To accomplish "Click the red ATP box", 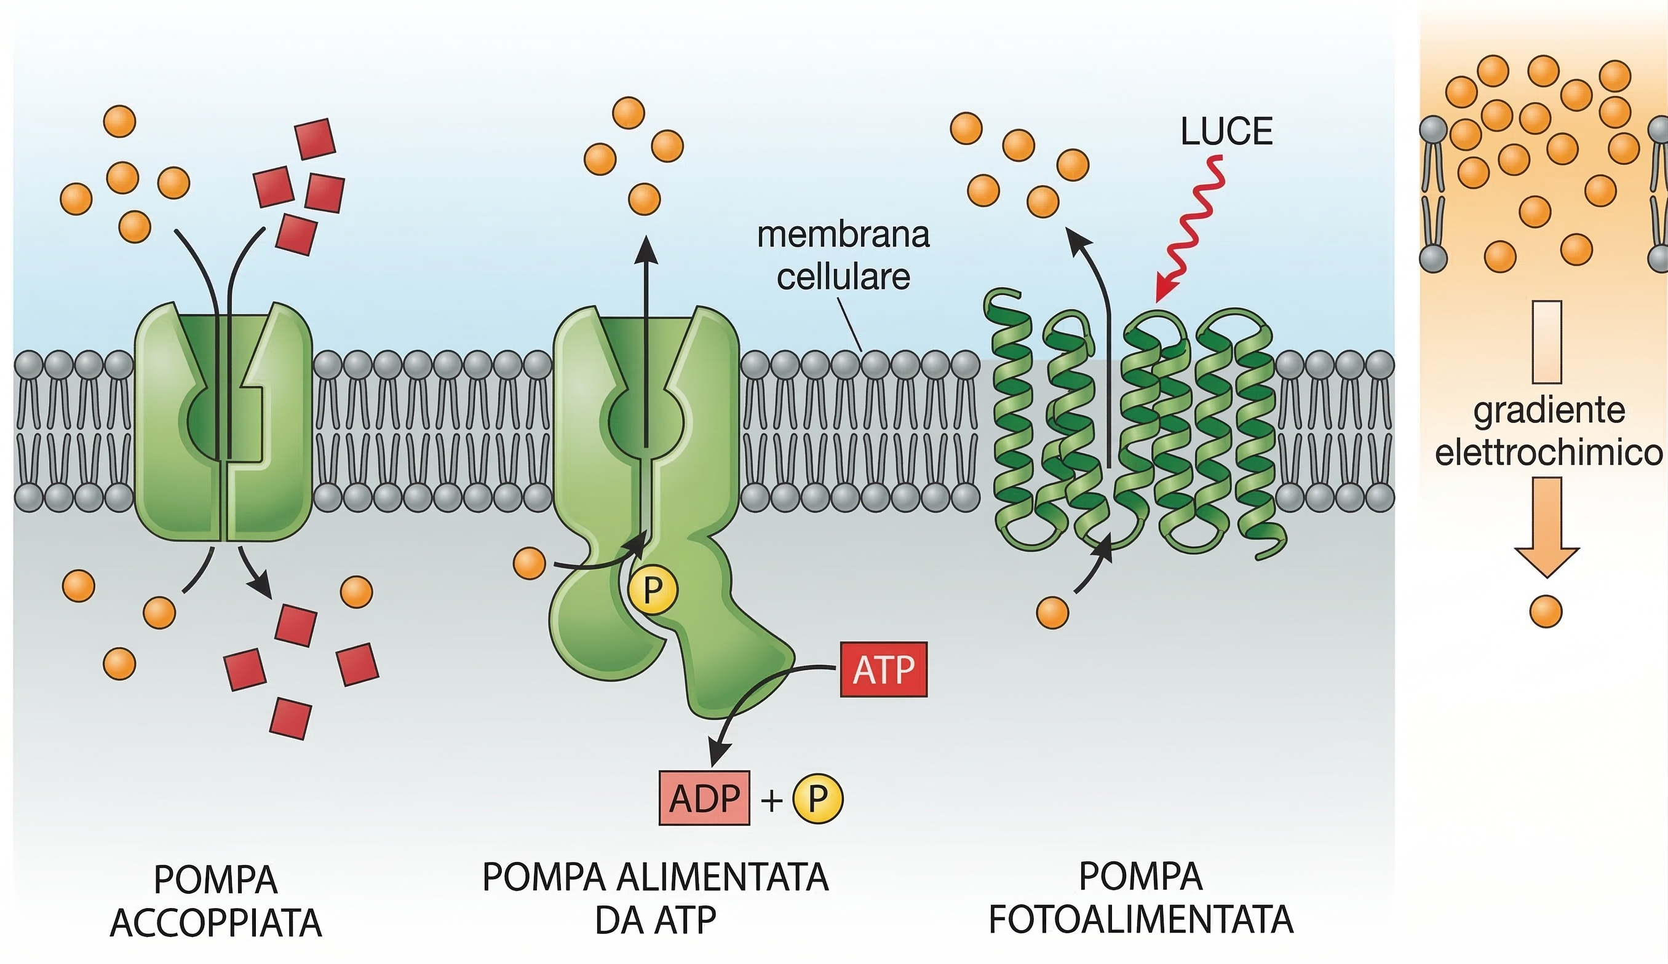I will pyautogui.click(x=883, y=669).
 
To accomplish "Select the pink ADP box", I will pyautogui.click(x=704, y=798).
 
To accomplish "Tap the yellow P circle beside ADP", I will pyautogui.click(x=818, y=798).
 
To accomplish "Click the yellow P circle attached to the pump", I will pyautogui.click(x=653, y=590).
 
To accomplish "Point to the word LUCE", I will pyautogui.click(x=1226, y=131).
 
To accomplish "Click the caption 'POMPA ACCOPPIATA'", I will pyautogui.click(x=216, y=901).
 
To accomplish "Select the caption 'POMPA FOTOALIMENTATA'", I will pyautogui.click(x=1140, y=898).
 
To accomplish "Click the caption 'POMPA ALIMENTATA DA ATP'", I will pyautogui.click(x=655, y=898).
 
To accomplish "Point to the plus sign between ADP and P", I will pyautogui.click(x=771, y=800).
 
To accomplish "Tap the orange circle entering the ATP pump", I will pyautogui.click(x=530, y=564).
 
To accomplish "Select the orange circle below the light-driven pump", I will pyautogui.click(x=1052, y=611).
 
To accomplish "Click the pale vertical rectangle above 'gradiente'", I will pyautogui.click(x=1547, y=342).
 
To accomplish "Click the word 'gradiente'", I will pyautogui.click(x=1549, y=411).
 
